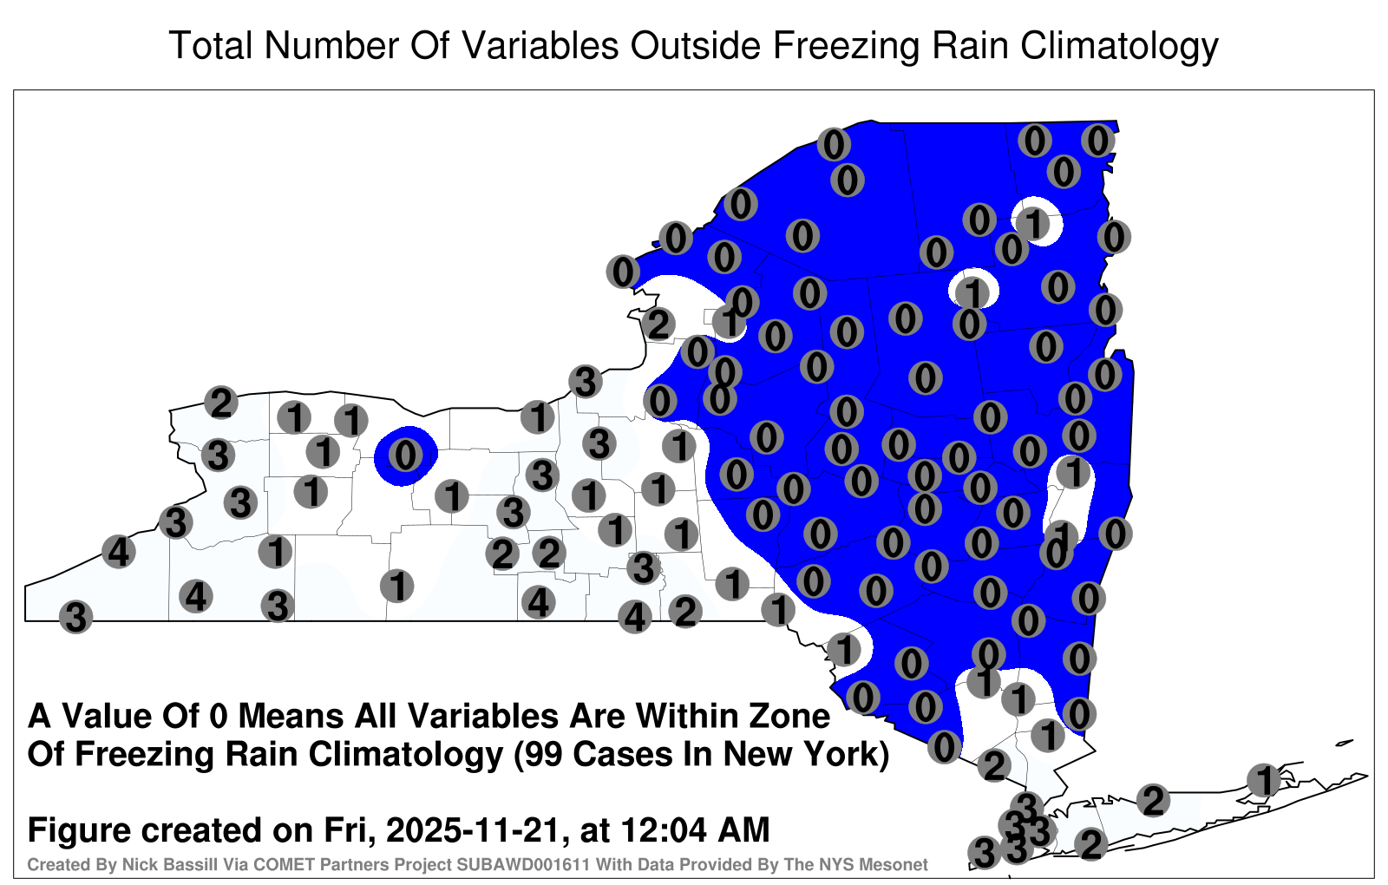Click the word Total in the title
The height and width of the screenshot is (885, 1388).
[211, 45]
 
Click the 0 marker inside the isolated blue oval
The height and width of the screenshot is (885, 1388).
[405, 455]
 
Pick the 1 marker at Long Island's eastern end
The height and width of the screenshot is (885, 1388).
[1263, 780]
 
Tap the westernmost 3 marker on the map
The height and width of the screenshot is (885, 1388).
[75, 617]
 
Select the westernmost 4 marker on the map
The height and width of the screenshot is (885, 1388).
[118, 551]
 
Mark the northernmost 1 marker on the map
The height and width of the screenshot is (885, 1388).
[1033, 223]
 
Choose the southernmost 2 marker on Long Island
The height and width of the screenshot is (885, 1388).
[1090, 844]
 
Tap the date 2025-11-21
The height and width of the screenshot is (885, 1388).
[474, 829]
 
